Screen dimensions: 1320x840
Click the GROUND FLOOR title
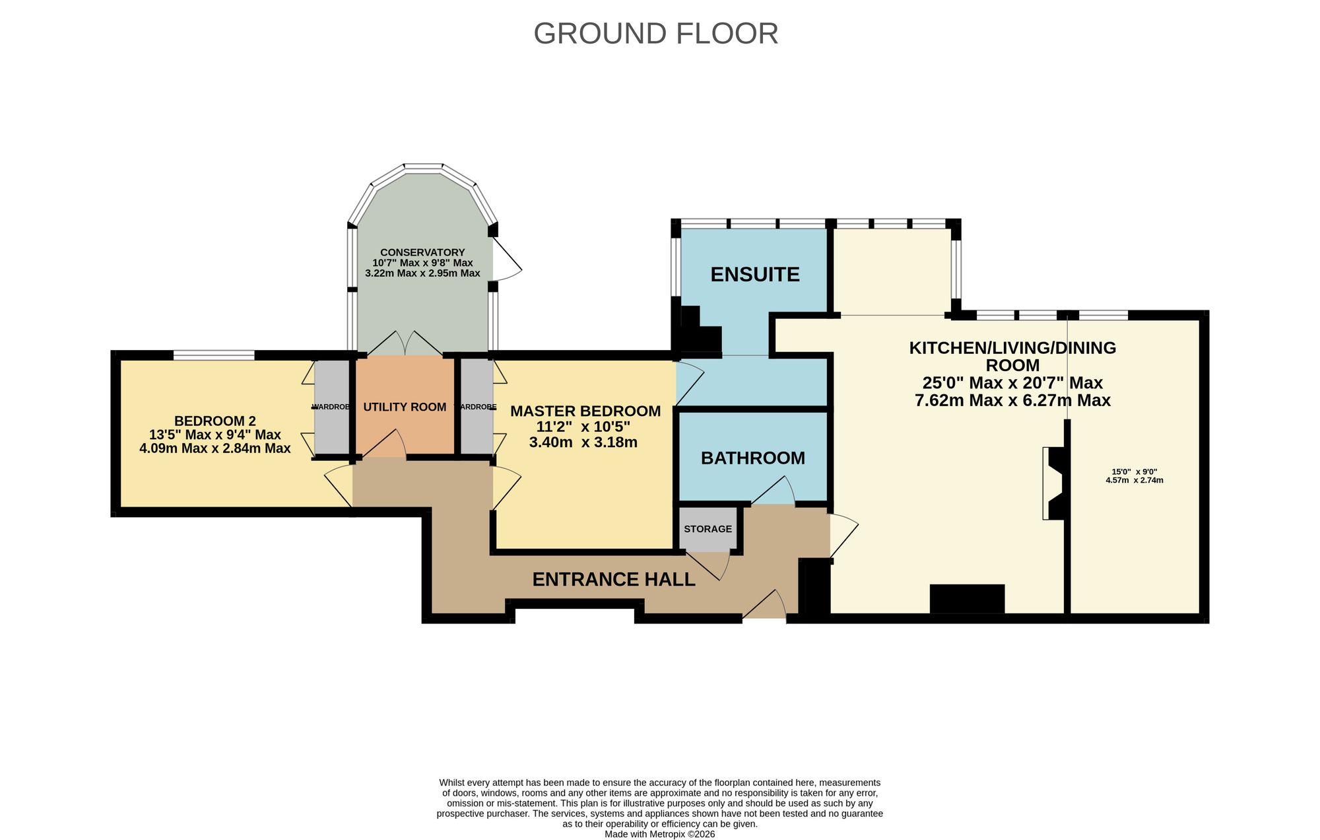tap(655, 34)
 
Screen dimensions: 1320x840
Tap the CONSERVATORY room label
tap(422, 252)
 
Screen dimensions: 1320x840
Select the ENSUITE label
tap(755, 274)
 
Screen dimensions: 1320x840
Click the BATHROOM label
tap(753, 458)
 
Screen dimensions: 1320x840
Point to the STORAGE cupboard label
tap(708, 529)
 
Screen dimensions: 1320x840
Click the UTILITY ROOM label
tap(405, 407)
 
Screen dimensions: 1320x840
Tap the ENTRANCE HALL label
tap(614, 579)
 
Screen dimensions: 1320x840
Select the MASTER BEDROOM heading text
tap(585, 411)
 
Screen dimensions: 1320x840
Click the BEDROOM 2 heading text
tap(215, 421)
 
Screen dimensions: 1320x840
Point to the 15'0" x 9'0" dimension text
tap(1135, 472)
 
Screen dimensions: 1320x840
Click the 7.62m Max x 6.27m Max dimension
tap(1012, 400)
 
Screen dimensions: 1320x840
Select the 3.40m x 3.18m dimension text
tap(583, 442)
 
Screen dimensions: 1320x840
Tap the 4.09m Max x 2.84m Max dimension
tap(215, 448)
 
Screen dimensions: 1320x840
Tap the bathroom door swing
tap(773, 491)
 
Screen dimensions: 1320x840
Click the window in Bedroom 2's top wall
tap(214, 355)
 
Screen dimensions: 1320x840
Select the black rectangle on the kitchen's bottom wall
tap(967, 599)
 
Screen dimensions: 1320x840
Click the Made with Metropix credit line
tap(659, 834)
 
